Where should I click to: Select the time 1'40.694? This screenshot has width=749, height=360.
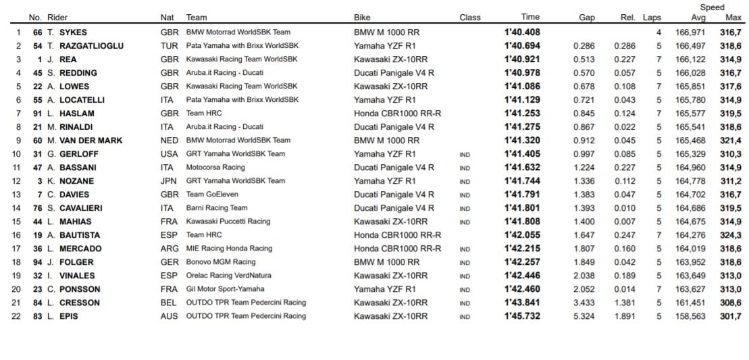tap(522, 46)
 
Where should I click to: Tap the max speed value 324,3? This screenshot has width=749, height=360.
tap(729, 235)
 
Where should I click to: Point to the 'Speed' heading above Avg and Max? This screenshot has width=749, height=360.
tap(712, 7)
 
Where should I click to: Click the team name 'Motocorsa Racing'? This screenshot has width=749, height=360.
tap(215, 168)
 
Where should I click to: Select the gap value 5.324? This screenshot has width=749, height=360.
tap(584, 316)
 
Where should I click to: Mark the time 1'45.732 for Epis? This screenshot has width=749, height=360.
tap(522, 316)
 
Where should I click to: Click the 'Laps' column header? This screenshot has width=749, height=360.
tap(652, 18)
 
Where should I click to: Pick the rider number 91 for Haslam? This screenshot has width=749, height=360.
tap(37, 113)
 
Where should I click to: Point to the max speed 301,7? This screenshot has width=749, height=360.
tap(729, 316)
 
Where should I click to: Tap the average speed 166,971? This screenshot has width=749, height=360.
tap(690, 32)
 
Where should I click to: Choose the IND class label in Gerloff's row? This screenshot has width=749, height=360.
tap(465, 154)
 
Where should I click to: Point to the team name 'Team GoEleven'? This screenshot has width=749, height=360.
tap(211, 195)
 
